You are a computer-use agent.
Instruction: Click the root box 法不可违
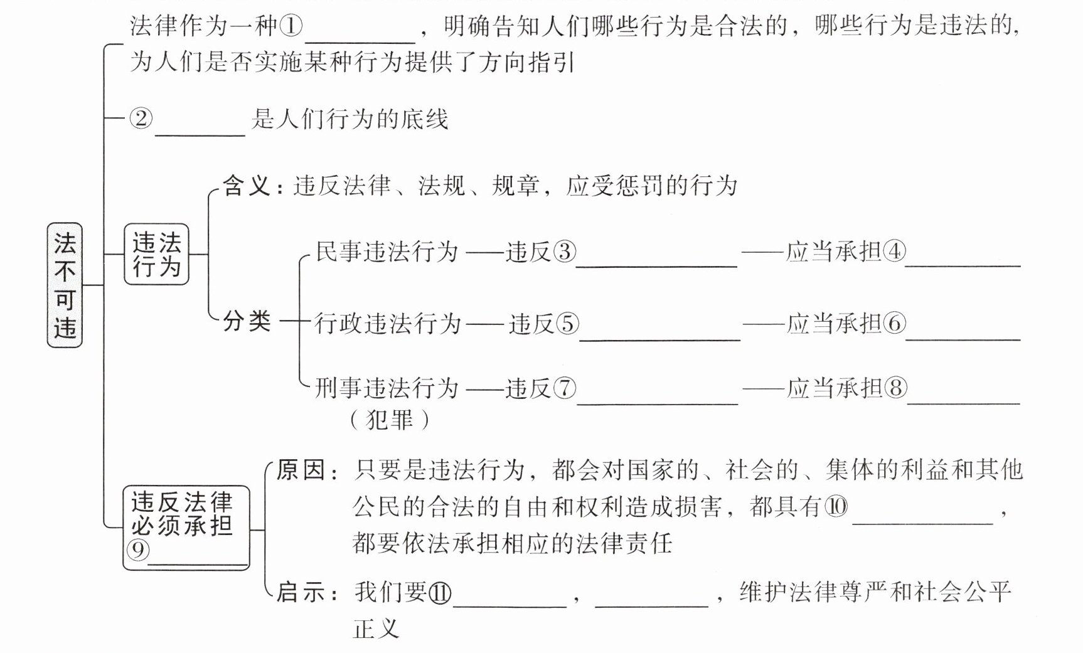[65, 285]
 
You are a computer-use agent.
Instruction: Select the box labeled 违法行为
[157, 254]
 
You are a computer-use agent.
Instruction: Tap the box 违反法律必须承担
[186, 528]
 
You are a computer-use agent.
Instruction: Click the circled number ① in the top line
[290, 26]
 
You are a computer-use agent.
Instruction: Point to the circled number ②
[141, 118]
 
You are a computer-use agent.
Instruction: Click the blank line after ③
[656, 263]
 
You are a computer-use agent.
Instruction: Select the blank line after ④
[963, 263]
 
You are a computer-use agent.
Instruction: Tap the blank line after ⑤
[659, 337]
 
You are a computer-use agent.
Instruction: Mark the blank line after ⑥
[963, 337]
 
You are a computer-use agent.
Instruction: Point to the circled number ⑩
[836, 506]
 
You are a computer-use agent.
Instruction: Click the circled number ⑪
[439, 592]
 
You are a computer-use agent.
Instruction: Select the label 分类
[247, 322]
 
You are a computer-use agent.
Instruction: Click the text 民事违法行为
[387, 252]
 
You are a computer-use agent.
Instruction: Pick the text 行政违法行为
[388, 324]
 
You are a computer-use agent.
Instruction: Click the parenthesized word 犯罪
[390, 420]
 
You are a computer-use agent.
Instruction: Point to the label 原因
[302, 470]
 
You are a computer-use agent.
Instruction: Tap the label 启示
[302, 592]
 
